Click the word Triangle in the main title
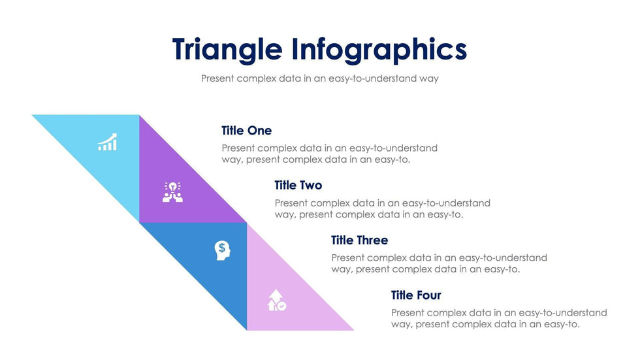[227, 50]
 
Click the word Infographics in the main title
[379, 50]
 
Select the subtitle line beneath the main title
[319, 78]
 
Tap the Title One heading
[247, 131]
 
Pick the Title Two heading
[298, 186]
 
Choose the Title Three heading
[360, 240]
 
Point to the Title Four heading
[416, 295]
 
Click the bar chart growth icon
[107, 142]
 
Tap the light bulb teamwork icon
[172, 192]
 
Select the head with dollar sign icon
[223, 250]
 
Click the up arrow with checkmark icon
[277, 301]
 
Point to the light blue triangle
[104, 151]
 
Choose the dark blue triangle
[212, 258]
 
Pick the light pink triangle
[283, 295]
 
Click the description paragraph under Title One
[329, 154]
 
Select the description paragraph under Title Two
[383, 208]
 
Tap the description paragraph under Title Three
[439, 263]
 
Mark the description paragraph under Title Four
[499, 318]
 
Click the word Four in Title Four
[428, 295]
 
